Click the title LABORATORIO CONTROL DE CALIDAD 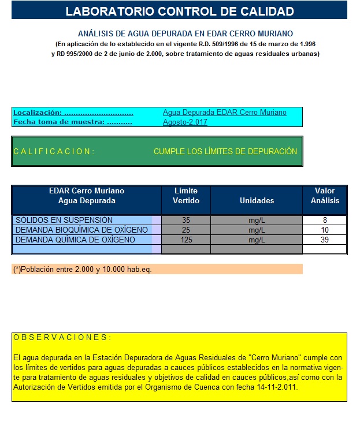pyautogui.click(x=180, y=11)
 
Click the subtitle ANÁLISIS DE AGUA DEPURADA pyautogui.click(x=185, y=34)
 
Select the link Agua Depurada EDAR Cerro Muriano pyautogui.click(x=224, y=113)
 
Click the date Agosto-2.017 pyautogui.click(x=185, y=122)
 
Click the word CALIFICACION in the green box pyautogui.click(x=53, y=151)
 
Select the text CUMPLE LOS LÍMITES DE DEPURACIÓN pyautogui.click(x=225, y=151)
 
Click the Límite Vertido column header pyautogui.click(x=186, y=196)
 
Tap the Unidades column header pyautogui.click(x=257, y=200)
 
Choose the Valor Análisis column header pyautogui.click(x=325, y=196)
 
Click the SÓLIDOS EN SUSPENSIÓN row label pyautogui.click(x=64, y=220)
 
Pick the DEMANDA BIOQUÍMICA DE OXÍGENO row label pyautogui.click(x=81, y=230)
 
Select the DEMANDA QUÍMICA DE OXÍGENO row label pyautogui.click(x=75, y=240)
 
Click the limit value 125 pyautogui.click(x=186, y=240)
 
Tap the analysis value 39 pyautogui.click(x=325, y=240)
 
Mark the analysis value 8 pyautogui.click(x=325, y=220)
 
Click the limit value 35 pyautogui.click(x=186, y=220)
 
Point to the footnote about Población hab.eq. pyautogui.click(x=82, y=269)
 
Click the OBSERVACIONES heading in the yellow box pyautogui.click(x=61, y=337)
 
